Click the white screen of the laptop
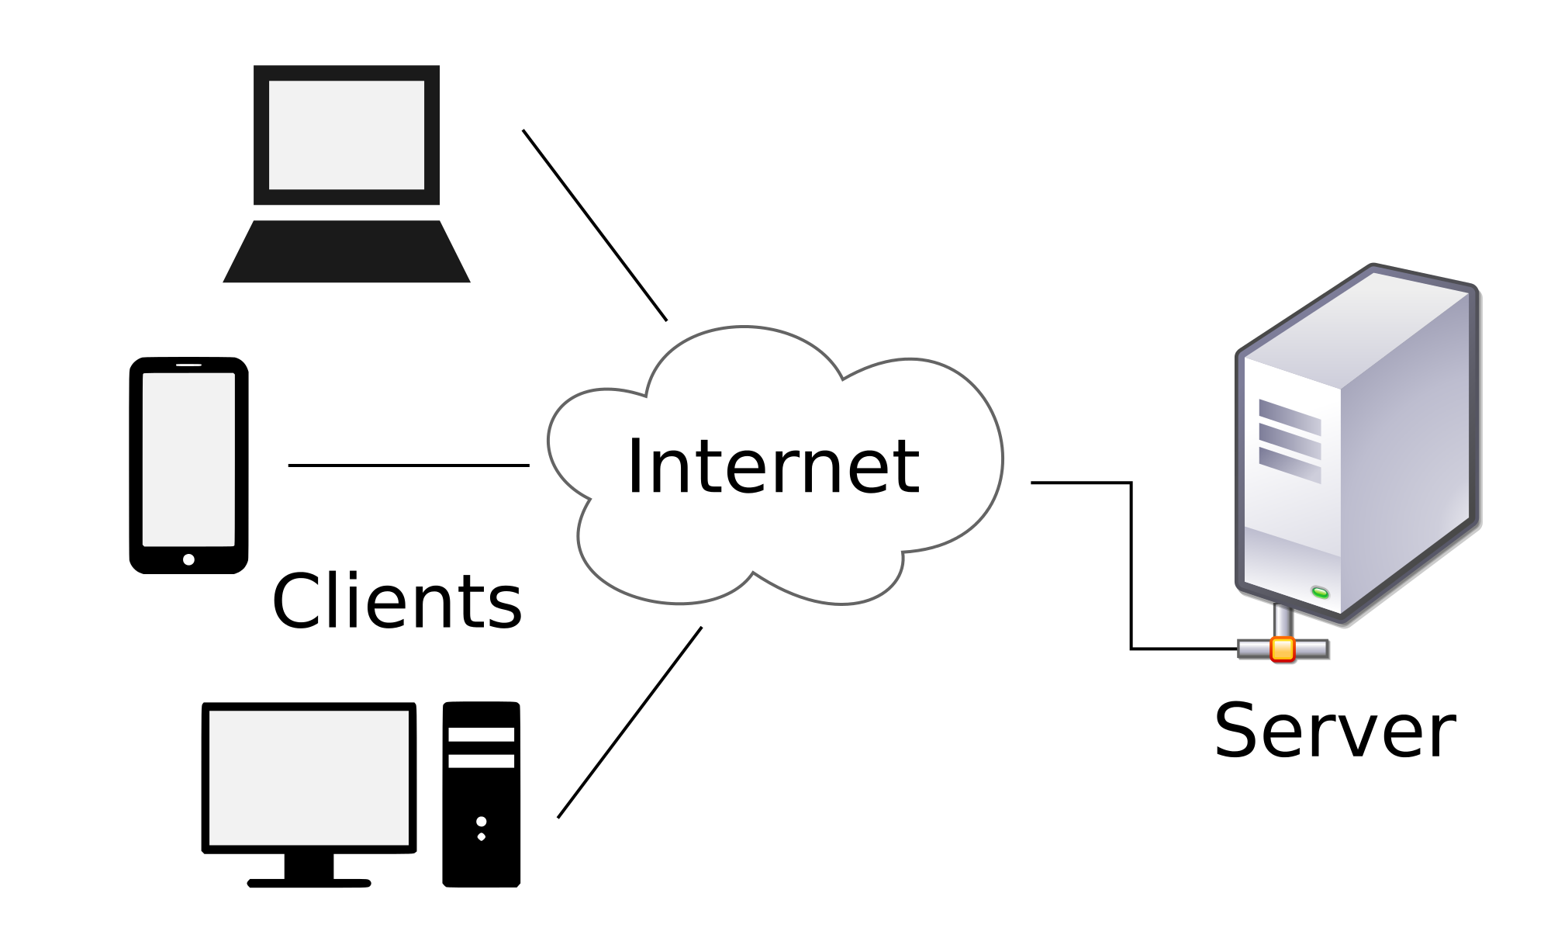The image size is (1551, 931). pos(346,134)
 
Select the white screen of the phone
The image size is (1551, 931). pos(188,459)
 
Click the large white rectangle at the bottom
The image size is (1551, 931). pos(309,777)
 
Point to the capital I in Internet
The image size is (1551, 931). pos(635,465)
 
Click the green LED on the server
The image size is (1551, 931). pos(1320,593)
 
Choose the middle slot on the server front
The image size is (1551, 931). pos(1289,441)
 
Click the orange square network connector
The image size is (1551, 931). pos(1283,649)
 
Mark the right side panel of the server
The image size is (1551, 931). pos(1408,450)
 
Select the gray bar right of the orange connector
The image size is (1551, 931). pos(1311,648)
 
